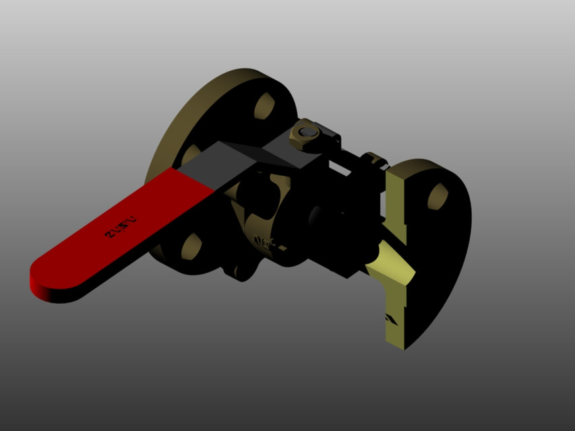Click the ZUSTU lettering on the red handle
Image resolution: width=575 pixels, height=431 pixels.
120,227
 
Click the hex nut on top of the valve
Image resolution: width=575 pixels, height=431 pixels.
307,133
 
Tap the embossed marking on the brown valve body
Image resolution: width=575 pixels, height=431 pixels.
264,242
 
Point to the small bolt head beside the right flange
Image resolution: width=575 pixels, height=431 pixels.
372,160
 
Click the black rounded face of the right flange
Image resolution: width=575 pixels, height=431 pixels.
445,256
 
